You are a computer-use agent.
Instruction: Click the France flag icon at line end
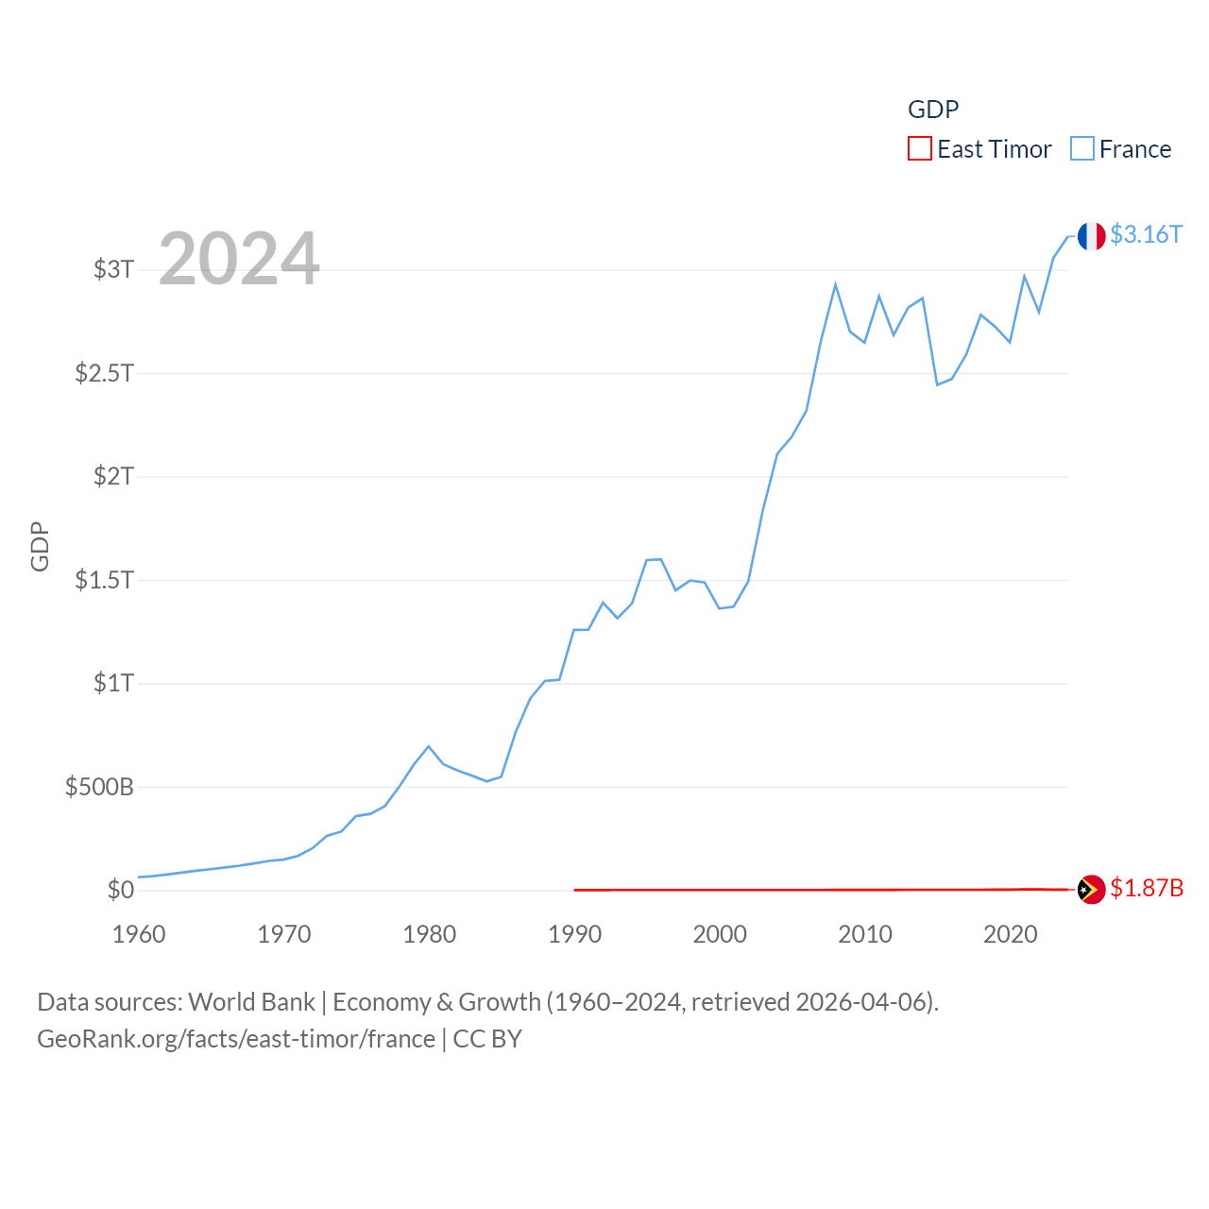[x=1091, y=236]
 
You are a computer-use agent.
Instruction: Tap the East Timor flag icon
[x=1091, y=890]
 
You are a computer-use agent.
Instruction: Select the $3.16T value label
[x=1146, y=234]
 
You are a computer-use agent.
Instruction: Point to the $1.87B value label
[x=1147, y=889]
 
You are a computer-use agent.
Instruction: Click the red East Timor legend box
[x=919, y=149]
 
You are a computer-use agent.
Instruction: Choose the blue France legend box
[x=1082, y=149]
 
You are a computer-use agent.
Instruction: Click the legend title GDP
[x=933, y=110]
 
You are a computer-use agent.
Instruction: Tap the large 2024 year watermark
[x=239, y=259]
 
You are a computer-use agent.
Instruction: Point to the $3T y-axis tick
[x=113, y=269]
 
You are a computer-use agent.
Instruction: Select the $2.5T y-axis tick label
[x=104, y=373]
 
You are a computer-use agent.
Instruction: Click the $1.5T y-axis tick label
[x=104, y=580]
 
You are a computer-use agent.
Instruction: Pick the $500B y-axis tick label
[x=99, y=787]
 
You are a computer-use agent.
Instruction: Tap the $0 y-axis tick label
[x=121, y=890]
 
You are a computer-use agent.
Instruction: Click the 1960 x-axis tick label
[x=139, y=935]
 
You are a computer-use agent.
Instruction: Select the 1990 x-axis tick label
[x=574, y=935]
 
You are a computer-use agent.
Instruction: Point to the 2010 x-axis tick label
[x=865, y=935]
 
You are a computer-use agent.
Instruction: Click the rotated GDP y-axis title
[x=40, y=546]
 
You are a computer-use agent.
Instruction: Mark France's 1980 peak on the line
[x=429, y=746]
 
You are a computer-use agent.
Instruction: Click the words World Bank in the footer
[x=251, y=1002]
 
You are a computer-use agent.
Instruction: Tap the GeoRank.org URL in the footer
[x=236, y=1039]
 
